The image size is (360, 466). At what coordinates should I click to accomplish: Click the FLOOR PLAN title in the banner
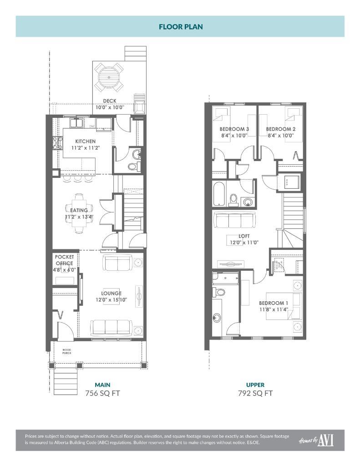click(x=181, y=26)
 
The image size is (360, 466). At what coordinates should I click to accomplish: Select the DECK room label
click(x=109, y=101)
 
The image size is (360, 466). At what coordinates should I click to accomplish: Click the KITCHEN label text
click(x=86, y=142)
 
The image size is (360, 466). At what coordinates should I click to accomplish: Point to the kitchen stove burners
click(x=57, y=143)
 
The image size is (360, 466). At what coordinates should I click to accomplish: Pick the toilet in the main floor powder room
click(x=132, y=167)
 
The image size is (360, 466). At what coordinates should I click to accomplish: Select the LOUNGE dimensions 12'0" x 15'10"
click(x=111, y=300)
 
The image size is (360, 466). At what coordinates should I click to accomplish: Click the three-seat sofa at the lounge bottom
click(x=111, y=327)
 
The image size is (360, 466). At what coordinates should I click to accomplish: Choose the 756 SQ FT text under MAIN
click(x=102, y=393)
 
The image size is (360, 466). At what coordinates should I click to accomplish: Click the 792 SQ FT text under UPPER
click(x=255, y=393)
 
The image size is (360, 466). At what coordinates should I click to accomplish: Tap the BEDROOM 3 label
click(x=234, y=129)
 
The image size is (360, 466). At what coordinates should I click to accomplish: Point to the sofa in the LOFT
click(x=234, y=221)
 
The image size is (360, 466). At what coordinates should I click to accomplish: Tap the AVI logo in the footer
click(x=325, y=440)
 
